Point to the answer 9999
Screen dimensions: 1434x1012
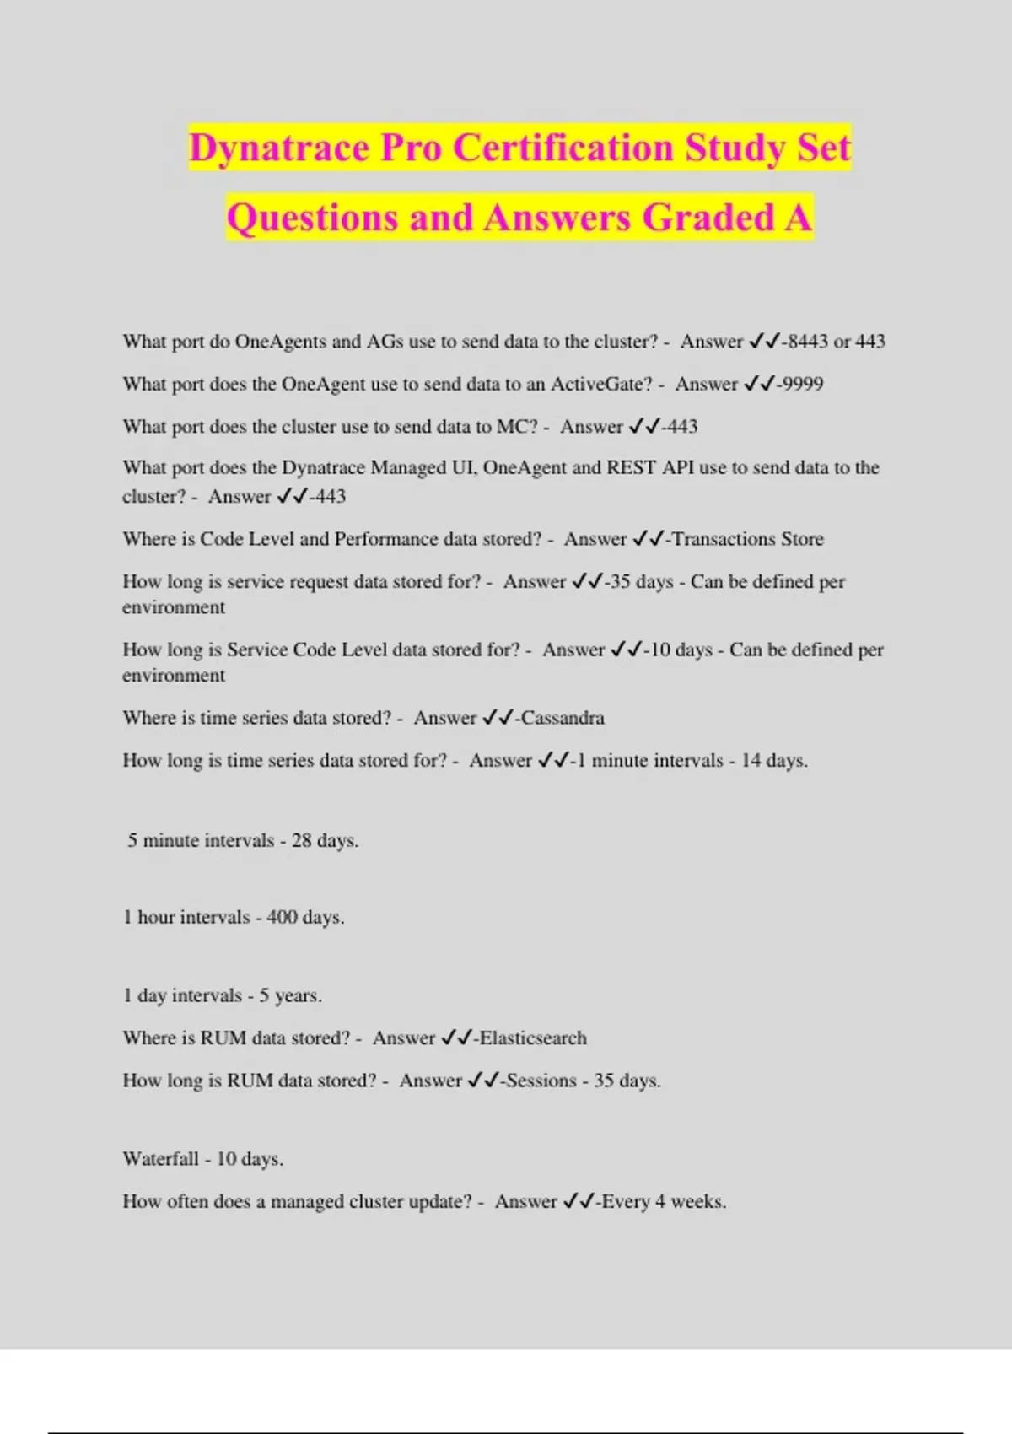coord(802,384)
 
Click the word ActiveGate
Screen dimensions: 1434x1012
coord(600,384)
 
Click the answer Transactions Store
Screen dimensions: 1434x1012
coord(747,539)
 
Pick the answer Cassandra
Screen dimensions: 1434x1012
coord(563,718)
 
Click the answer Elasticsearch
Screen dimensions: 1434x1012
coord(533,1038)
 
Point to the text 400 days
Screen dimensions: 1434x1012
coord(305,917)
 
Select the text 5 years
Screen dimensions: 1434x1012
coord(290,995)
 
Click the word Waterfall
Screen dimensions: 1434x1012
coord(160,1159)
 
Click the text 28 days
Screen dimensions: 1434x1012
coord(325,840)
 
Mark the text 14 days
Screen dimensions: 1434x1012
coord(774,760)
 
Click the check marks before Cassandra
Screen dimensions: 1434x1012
coord(498,718)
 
